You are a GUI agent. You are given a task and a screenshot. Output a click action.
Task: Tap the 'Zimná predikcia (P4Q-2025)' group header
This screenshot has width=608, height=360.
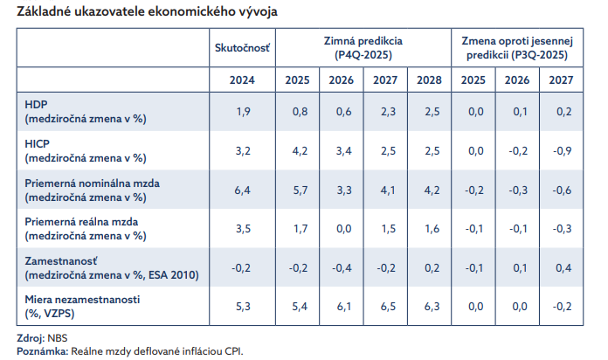(363, 47)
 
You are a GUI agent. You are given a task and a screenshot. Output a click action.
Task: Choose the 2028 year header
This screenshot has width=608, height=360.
(430, 80)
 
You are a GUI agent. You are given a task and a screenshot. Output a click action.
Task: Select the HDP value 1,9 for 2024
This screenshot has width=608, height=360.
(244, 112)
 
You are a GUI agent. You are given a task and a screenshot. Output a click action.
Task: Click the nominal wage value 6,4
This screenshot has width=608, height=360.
(244, 190)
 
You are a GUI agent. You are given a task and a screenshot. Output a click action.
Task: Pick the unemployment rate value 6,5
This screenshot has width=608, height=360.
(385, 306)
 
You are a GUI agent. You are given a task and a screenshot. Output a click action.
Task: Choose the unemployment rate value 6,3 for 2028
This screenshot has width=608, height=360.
(430, 306)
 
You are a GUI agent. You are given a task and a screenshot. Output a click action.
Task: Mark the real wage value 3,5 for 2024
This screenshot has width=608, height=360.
(244, 228)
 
